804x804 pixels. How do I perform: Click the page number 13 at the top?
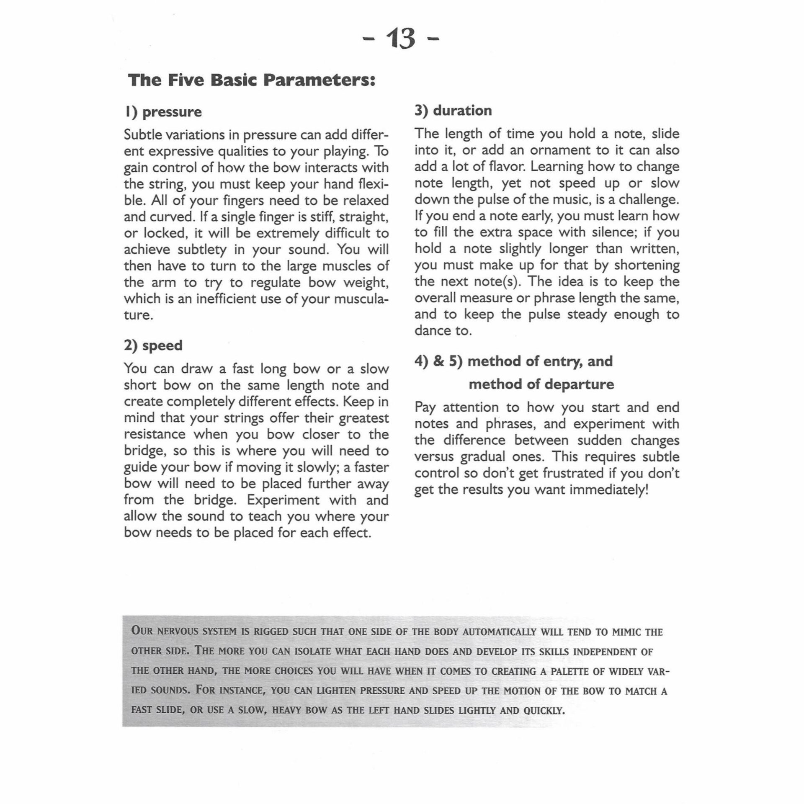coord(401,39)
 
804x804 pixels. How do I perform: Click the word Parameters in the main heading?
coord(318,80)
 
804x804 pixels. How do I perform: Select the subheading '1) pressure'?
coord(163,112)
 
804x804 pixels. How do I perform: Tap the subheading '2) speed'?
coord(153,345)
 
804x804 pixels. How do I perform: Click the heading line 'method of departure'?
coord(541,384)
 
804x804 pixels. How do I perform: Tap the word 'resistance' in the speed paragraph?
coord(155,434)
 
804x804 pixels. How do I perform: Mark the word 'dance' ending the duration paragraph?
coord(432,330)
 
